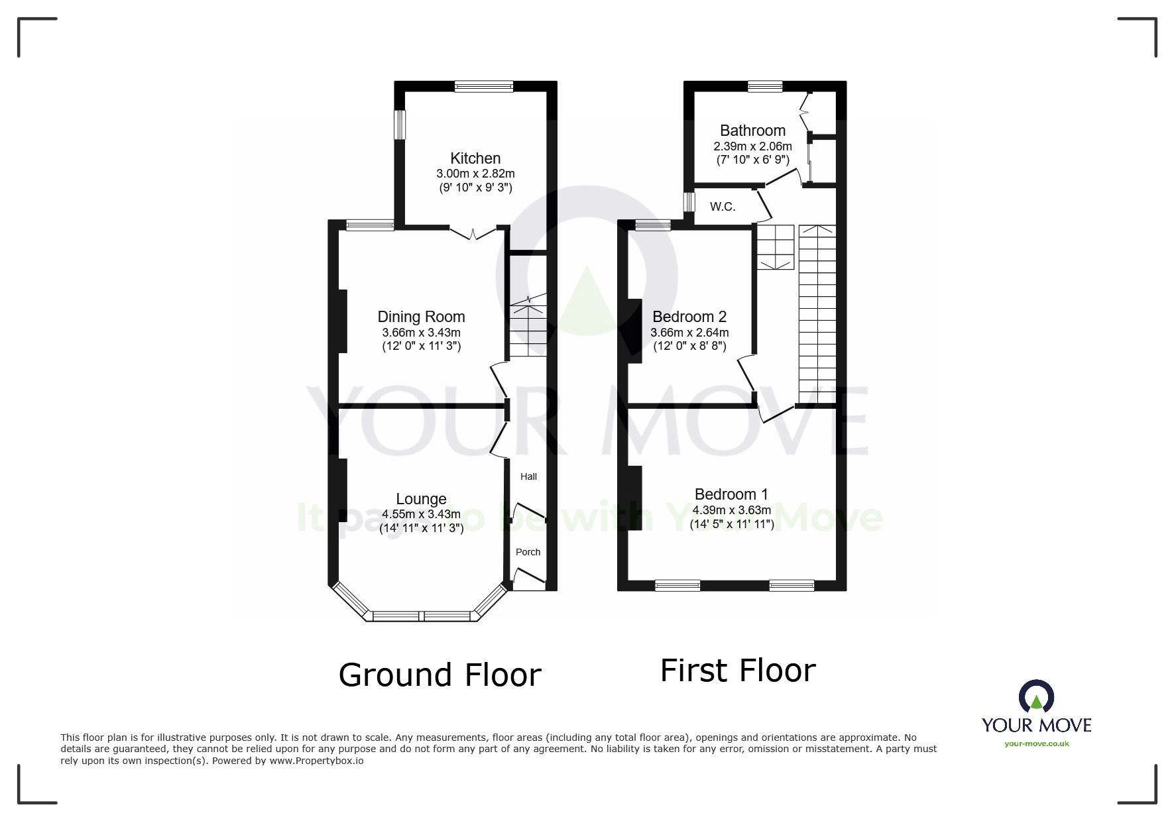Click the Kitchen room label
[x=475, y=158]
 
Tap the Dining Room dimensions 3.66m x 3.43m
[x=421, y=333]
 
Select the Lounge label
[x=421, y=499]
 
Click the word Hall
[x=528, y=476]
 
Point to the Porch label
[x=528, y=552]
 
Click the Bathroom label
[x=752, y=131]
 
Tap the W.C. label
[x=723, y=207]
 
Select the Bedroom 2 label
[x=689, y=316]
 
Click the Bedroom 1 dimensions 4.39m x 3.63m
[x=731, y=510]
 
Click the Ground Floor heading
[x=440, y=675]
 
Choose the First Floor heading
[x=738, y=670]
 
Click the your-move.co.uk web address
[x=1036, y=743]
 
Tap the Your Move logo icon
[x=1036, y=698]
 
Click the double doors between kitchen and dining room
[x=473, y=233]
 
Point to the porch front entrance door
[x=528, y=582]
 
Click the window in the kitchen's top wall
[x=484, y=85]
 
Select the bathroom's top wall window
[x=765, y=85]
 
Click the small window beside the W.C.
[x=689, y=201]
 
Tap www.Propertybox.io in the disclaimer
[x=316, y=761]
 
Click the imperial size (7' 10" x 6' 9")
[x=752, y=160]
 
